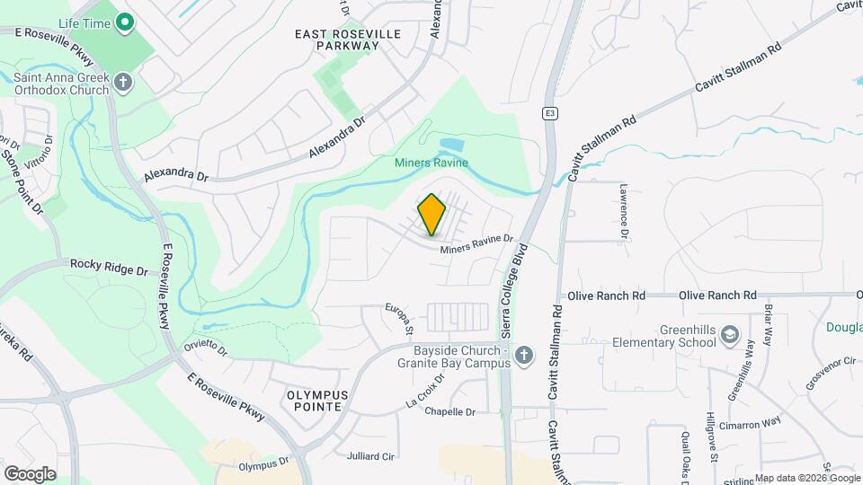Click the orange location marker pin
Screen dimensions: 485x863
click(432, 214)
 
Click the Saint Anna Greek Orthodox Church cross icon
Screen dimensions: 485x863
click(123, 84)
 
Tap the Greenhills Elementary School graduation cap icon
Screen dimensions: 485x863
click(731, 335)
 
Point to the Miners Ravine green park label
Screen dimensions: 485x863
click(431, 163)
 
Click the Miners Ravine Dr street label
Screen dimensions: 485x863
click(476, 244)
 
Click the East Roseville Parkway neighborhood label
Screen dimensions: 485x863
click(348, 39)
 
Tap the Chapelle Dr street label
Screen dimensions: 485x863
click(449, 412)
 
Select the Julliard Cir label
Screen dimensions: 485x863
click(370, 456)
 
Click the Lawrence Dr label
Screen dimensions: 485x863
click(622, 211)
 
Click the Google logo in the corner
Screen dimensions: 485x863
click(30, 473)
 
